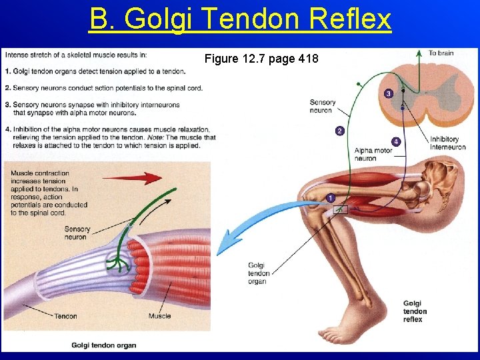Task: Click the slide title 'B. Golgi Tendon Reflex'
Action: point(240,19)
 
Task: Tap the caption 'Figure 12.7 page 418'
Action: point(261,59)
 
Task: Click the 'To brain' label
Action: point(441,53)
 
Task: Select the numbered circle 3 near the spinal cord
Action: point(389,94)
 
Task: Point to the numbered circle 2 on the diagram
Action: point(339,131)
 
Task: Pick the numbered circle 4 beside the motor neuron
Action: point(397,141)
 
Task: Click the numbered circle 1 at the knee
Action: point(331,198)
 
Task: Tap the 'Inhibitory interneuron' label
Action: point(447,143)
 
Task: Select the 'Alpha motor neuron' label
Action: point(373,155)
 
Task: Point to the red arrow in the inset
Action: point(141,178)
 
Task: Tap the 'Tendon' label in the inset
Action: point(65,316)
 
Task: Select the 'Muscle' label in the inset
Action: point(160,316)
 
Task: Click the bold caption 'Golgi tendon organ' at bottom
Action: point(103,345)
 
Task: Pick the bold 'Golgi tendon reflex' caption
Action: point(415,311)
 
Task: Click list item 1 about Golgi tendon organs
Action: point(95,71)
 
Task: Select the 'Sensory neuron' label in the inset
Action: point(77,233)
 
